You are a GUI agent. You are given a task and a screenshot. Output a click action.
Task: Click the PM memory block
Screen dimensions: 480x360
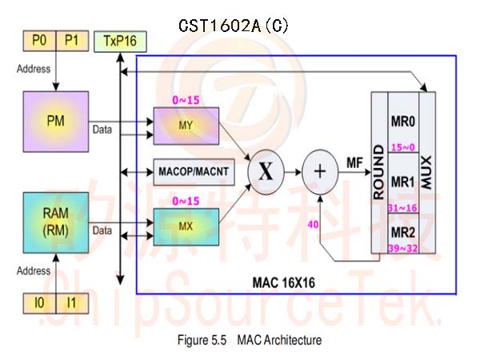tap(56, 122)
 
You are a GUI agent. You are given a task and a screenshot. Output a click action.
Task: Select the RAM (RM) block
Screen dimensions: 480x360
tap(56, 222)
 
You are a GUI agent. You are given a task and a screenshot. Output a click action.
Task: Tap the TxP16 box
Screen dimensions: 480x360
tap(120, 42)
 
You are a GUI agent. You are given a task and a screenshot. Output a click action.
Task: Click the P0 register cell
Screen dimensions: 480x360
tap(39, 41)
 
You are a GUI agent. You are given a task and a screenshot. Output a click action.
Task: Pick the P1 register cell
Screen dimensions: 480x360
tap(73, 41)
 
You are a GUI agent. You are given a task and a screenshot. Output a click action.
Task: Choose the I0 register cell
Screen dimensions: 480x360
tap(39, 303)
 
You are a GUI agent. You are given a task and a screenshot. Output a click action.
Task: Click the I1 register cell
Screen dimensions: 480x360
tap(73, 303)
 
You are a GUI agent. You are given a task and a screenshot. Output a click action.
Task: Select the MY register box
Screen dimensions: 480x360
tap(186, 126)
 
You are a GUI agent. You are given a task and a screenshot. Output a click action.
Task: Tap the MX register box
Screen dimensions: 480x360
tap(186, 227)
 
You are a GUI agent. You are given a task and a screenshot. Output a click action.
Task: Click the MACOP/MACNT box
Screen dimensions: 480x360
tap(194, 172)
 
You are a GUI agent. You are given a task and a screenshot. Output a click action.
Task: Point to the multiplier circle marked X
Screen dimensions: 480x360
tap(266, 172)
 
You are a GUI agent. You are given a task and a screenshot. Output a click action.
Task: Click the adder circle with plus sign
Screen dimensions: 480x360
tap(320, 172)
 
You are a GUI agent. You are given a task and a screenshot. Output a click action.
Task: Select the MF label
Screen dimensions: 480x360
tap(354, 162)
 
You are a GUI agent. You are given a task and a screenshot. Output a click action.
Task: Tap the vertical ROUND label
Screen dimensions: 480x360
tap(379, 172)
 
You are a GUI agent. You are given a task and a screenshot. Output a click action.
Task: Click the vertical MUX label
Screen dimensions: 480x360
tap(426, 172)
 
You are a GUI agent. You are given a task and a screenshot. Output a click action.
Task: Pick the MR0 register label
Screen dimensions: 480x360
tap(403, 122)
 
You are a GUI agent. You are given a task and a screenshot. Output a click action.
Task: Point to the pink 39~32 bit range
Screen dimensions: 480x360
tap(403, 248)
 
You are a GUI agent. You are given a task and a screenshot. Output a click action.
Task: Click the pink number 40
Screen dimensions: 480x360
tap(313, 225)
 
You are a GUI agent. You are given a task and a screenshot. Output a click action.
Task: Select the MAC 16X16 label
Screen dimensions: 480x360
tap(284, 282)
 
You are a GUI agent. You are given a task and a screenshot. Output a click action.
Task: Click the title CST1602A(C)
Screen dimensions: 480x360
tap(234, 26)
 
